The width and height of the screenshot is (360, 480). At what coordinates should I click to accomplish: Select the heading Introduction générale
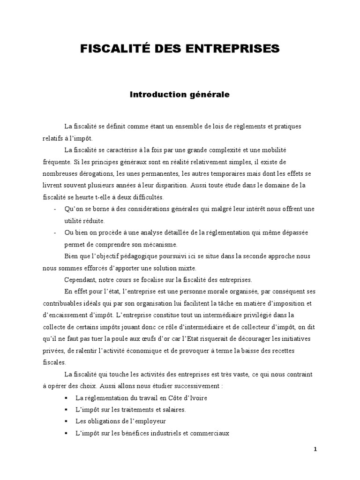180,94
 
